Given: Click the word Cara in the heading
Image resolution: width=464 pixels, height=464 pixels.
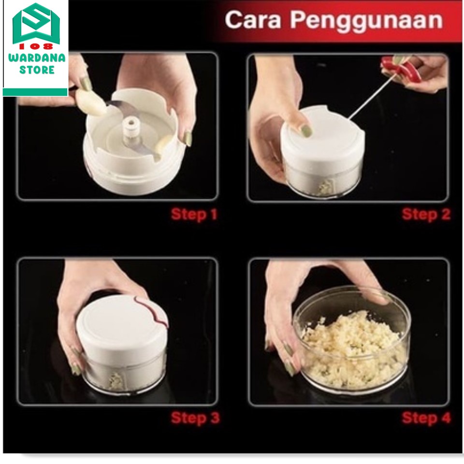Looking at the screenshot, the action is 253,20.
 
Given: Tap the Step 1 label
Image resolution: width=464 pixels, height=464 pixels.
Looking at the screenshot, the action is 194,214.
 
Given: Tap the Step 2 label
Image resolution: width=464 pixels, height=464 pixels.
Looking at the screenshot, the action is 426,214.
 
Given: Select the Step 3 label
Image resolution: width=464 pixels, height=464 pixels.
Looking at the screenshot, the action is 195,418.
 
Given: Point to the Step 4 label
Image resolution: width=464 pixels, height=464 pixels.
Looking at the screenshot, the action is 426,418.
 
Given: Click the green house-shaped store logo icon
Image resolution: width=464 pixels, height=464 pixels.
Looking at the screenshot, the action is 36,24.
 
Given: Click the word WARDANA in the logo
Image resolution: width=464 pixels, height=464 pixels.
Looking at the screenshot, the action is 37,58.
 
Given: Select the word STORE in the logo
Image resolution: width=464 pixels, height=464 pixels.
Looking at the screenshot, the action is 37,70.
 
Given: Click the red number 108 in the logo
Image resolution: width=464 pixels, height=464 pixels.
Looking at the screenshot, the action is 36,46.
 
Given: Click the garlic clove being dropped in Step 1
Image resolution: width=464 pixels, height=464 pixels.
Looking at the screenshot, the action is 91,102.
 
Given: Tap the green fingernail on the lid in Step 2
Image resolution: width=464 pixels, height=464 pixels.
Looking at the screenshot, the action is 306,130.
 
